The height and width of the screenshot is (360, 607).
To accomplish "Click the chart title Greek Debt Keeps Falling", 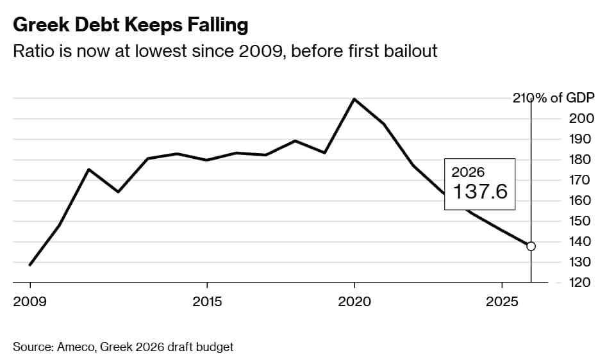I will pos(130,25).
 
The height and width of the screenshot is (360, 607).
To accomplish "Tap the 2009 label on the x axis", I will pos(29,302).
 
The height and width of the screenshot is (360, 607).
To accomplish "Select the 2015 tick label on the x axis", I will pos(206,302).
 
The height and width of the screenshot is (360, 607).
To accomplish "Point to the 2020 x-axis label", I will pos(354,302).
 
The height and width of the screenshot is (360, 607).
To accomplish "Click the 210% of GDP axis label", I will pos(554,98).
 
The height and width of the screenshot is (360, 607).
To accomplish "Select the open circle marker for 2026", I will pos(531,246).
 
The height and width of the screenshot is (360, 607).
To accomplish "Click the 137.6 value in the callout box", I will pos(480,192).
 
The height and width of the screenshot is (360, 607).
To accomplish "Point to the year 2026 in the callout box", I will pos(468,172).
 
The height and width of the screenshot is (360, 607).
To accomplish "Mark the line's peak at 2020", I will pos(354,99).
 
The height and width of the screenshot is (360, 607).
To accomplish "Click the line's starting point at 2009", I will pos(30,265).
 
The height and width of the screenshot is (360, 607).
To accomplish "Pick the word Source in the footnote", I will pos(31,347).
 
